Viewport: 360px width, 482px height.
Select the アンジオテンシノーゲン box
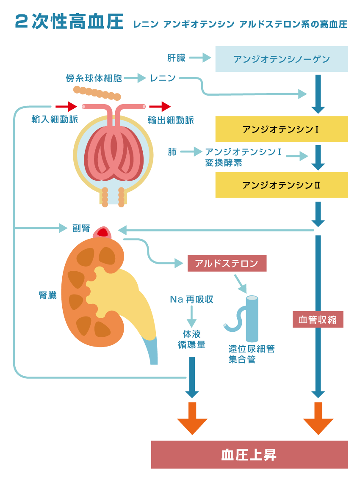point(282,59)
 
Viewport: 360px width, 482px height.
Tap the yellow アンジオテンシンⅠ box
point(282,129)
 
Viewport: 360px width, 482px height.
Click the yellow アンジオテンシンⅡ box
point(282,185)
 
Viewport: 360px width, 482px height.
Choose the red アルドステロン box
point(227,263)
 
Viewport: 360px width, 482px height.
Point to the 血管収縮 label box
point(318,319)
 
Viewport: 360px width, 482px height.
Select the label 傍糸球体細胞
point(94,78)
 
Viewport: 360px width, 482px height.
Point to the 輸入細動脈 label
point(55,120)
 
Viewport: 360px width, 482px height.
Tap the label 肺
point(172,151)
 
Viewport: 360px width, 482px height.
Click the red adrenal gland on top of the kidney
point(102,232)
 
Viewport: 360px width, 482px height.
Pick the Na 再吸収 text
point(191,300)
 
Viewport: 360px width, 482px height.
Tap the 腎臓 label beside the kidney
point(47,295)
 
